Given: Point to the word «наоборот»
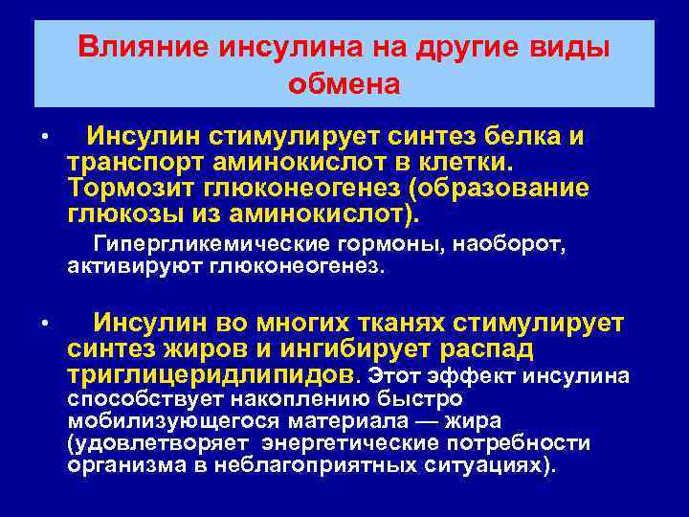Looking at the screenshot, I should (512, 245).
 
